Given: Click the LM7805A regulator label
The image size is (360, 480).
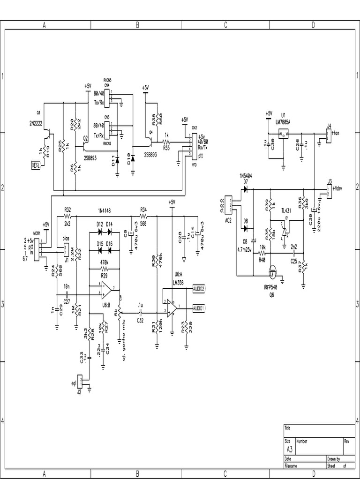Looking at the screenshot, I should tap(282, 122).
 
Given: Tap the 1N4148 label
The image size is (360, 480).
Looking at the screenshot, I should tap(106, 210).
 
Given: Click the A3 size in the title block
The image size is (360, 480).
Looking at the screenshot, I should tap(289, 449).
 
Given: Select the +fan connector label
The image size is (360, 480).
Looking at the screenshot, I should tap(336, 133).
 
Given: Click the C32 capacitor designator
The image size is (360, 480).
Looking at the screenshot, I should tap(140, 321).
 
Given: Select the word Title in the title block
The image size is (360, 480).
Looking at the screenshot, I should tap(288, 428).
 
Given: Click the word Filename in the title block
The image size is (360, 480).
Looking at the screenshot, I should tap(292, 466).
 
